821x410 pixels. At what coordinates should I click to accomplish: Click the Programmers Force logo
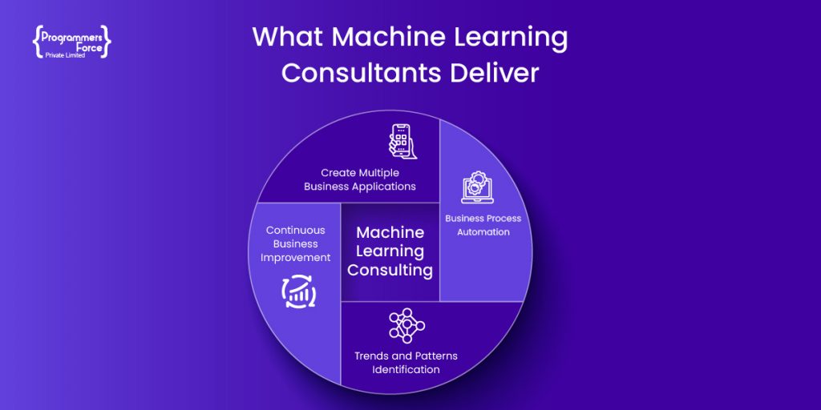coord(71,40)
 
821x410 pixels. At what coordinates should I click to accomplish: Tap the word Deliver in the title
coord(494,73)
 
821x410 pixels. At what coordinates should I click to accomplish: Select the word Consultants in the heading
coord(362,73)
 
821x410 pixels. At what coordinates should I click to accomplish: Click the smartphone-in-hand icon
coord(401,141)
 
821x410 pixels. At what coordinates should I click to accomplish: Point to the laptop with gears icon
coord(477,187)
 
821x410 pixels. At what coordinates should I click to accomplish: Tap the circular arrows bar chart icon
coord(298,291)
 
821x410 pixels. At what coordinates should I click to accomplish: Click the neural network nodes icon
coord(406,326)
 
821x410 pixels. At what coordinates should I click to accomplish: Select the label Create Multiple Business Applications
coord(360,179)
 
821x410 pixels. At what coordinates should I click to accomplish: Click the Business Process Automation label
coord(483,225)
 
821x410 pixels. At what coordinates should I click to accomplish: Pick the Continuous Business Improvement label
coord(295,243)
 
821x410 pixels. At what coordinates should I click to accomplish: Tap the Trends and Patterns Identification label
coord(406,363)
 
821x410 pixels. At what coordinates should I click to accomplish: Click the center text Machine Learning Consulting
coord(390,251)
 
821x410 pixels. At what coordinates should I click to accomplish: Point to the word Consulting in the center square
coord(390,271)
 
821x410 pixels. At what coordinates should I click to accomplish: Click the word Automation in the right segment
coord(483,231)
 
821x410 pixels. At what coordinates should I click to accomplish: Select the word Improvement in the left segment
coord(295,258)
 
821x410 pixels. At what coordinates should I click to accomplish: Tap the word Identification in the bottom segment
coord(406,369)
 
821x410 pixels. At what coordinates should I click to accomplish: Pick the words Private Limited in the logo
coord(65,54)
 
